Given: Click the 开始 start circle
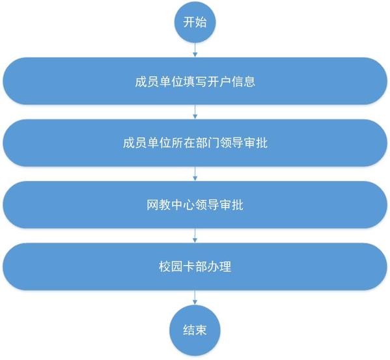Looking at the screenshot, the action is pyautogui.click(x=195, y=22).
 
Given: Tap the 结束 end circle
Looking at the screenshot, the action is pyautogui.click(x=195, y=330).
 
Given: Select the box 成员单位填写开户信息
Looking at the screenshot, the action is pyautogui.click(x=195, y=81).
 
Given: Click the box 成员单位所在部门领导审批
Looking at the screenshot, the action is pyautogui.click(x=195, y=143).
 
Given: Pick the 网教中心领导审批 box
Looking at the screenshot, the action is pyautogui.click(x=195, y=204).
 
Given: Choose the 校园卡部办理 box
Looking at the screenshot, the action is pyautogui.click(x=195, y=266).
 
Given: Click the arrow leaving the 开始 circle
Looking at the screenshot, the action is pyautogui.click(x=195, y=50).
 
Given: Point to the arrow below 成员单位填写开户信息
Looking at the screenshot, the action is pyautogui.click(x=195, y=112).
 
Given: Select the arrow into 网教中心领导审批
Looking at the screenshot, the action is pyautogui.click(x=195, y=174).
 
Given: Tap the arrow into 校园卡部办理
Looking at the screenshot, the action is pyautogui.click(x=195, y=236).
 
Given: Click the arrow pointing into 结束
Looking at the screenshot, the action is pyautogui.click(x=195, y=298).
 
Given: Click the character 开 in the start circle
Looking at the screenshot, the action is pyautogui.click(x=189, y=22).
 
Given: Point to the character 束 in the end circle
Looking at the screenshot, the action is pyautogui.click(x=201, y=330).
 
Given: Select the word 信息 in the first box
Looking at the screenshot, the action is pyautogui.click(x=244, y=81).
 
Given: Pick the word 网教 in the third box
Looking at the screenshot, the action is pyautogui.click(x=158, y=205).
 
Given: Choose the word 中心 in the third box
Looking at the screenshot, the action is pyautogui.click(x=183, y=205).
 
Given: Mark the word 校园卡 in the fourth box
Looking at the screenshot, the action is pyautogui.click(x=177, y=266).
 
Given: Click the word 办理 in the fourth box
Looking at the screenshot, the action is pyautogui.click(x=219, y=266).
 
